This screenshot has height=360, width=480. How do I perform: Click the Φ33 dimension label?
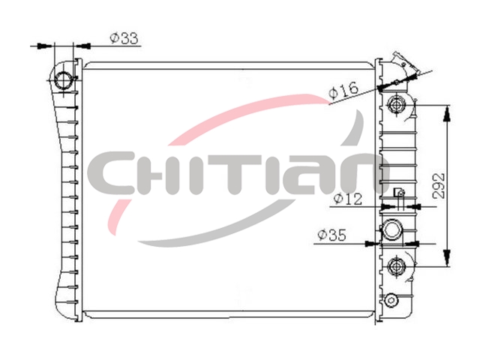[x=124, y=38]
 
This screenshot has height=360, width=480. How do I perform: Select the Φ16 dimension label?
[x=343, y=91]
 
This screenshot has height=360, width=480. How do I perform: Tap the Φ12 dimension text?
[x=348, y=199]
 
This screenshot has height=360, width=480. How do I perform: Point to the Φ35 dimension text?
[x=331, y=235]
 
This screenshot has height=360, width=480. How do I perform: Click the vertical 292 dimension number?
[x=439, y=186]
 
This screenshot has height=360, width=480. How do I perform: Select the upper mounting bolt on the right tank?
[x=397, y=106]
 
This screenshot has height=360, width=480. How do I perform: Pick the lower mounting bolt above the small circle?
[x=397, y=266]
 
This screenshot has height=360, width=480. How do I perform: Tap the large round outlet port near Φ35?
[x=392, y=229]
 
